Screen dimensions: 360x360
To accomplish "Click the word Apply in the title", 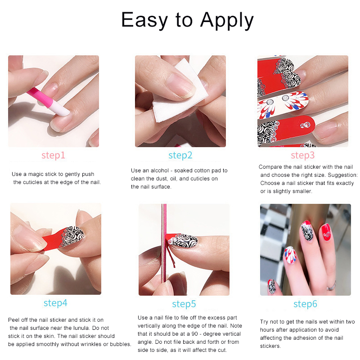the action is click(227, 20).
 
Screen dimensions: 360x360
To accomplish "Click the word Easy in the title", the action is click(145, 20).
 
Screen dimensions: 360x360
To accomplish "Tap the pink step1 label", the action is click(53, 155).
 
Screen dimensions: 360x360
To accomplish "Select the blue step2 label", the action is click(180, 155).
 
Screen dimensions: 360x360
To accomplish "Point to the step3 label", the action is click(302, 155).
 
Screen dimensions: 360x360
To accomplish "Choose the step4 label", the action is click(55, 303).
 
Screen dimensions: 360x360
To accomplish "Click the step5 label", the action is click(184, 304).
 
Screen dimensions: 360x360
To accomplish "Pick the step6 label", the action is click(305, 304).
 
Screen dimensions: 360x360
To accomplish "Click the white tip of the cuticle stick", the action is click(61, 108).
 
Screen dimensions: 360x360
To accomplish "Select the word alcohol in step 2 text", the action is click(160, 171).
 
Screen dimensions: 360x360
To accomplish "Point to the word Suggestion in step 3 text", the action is click(342, 175).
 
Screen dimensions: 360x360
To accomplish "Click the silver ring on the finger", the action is click(331, 286).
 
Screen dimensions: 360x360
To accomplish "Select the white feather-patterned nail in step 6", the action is click(290, 255).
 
